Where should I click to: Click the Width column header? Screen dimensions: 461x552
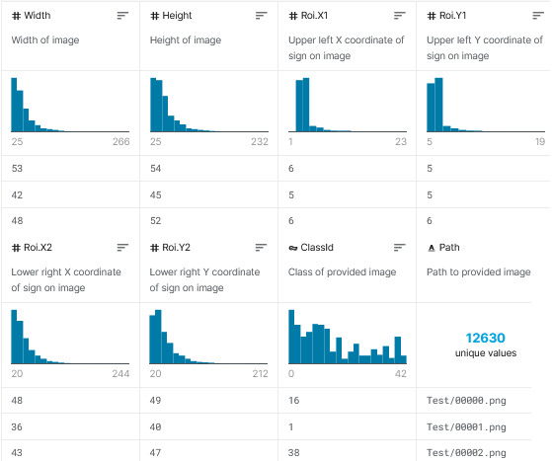[37, 16]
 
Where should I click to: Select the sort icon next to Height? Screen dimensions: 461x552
[261, 16]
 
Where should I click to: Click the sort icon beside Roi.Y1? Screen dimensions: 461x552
[537, 16]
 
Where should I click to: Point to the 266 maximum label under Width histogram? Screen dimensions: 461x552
[120, 142]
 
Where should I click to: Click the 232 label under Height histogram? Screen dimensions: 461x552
[259, 142]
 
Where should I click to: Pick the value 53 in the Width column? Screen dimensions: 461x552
[18, 169]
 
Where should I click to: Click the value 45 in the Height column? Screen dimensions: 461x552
[156, 194]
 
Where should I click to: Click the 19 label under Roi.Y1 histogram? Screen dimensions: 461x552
[539, 142]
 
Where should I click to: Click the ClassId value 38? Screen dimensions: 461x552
[294, 451]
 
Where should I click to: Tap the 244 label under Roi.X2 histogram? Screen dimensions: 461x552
[120, 374]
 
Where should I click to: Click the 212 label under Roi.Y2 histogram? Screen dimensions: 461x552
[259, 374]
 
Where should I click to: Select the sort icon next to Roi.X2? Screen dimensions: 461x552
[122, 248]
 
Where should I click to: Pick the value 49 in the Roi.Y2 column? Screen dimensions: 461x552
[156, 401]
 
